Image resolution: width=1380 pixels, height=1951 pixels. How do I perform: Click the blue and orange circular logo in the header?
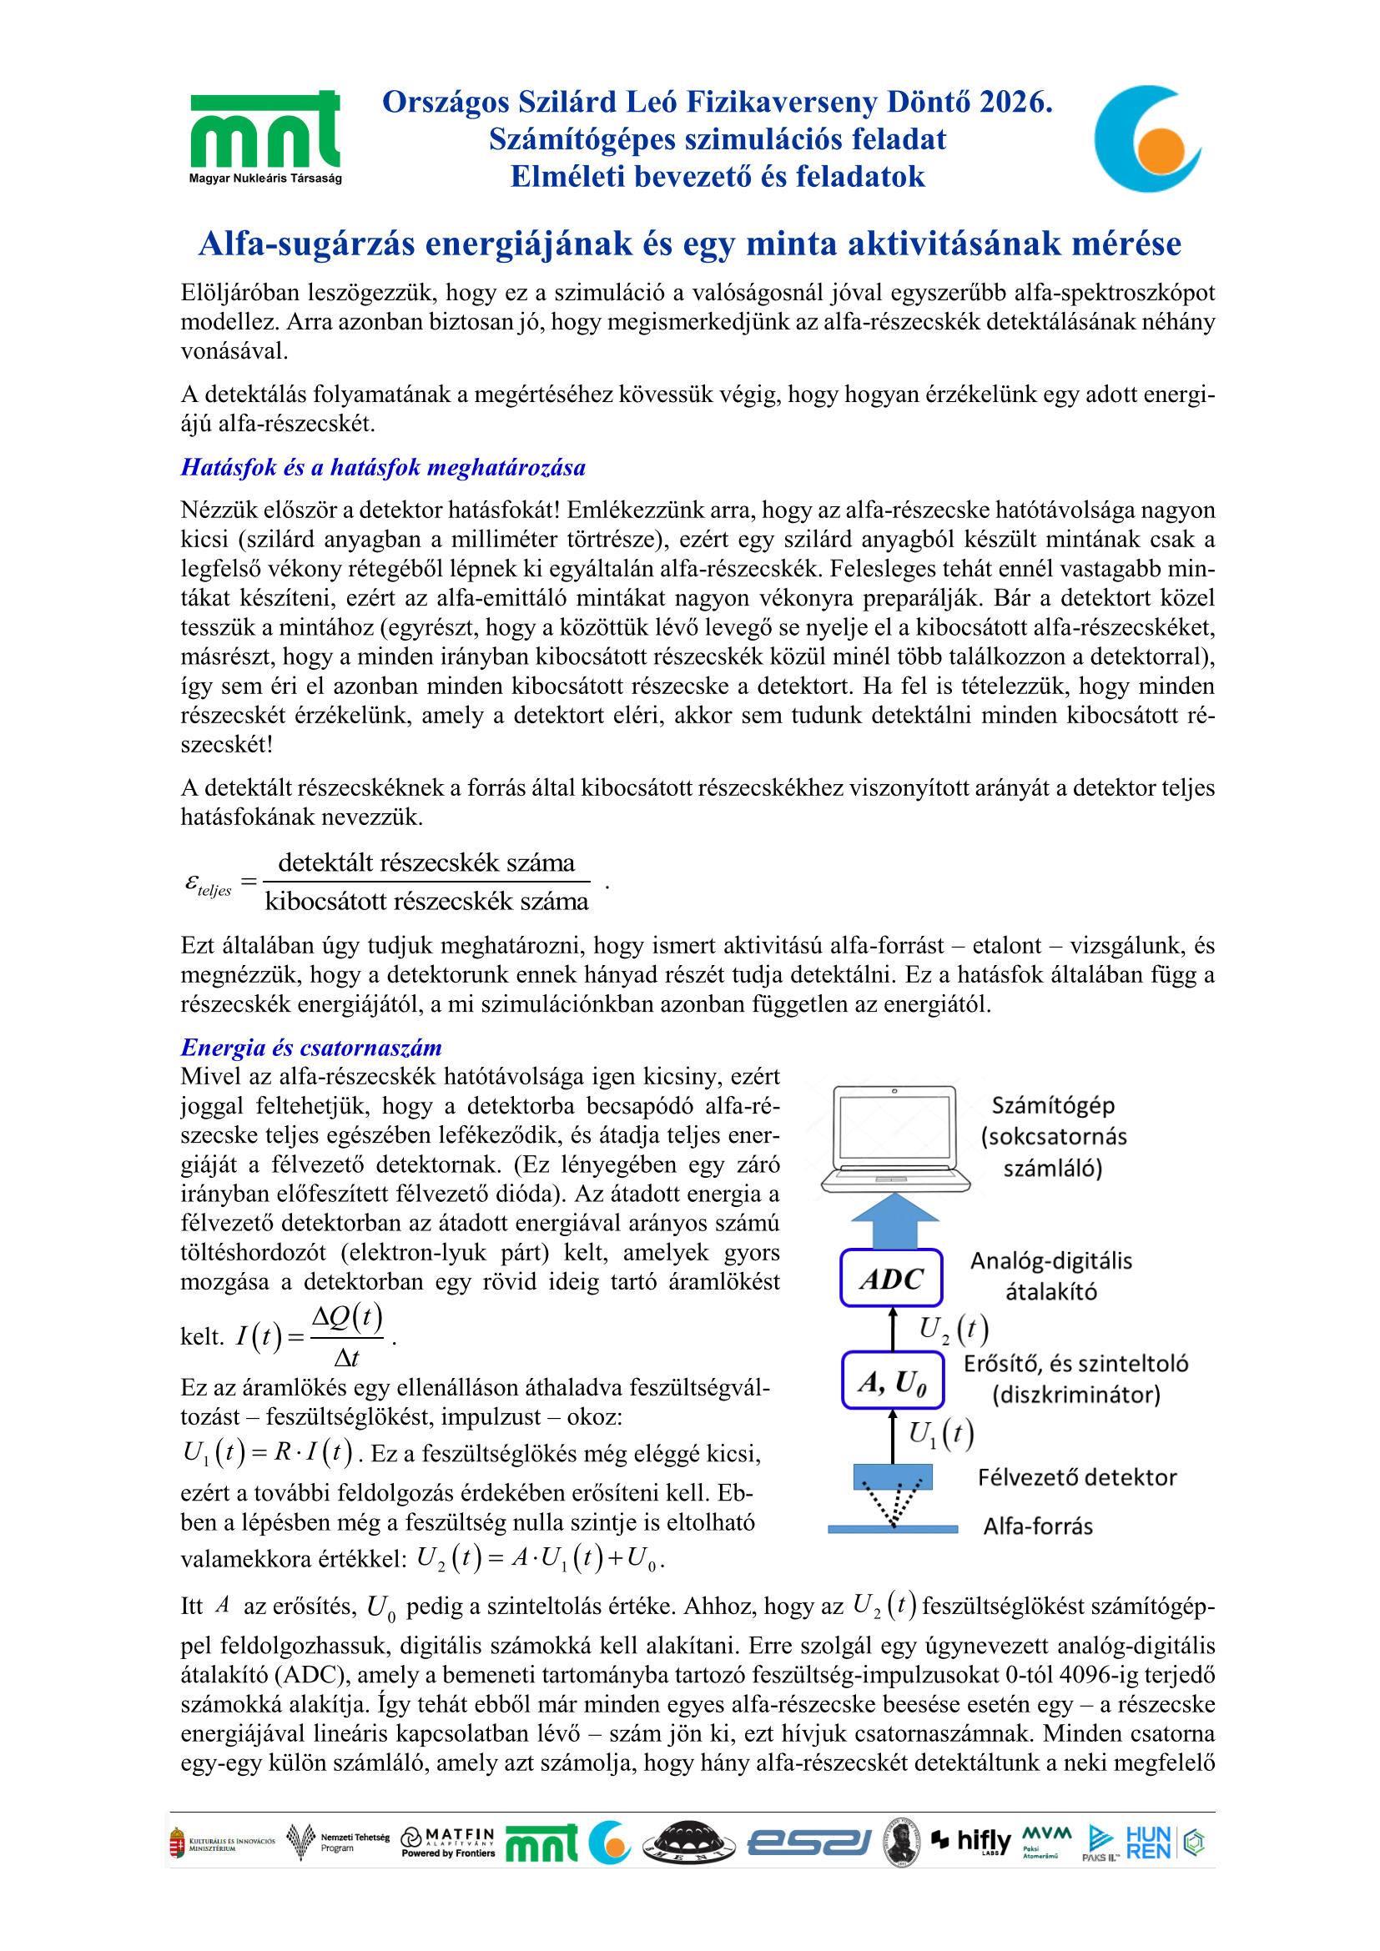1147,138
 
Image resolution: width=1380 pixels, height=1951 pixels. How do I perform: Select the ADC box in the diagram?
891,1278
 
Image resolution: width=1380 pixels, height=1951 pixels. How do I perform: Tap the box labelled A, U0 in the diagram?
892,1380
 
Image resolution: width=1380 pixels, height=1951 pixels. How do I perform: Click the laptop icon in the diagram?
894,1138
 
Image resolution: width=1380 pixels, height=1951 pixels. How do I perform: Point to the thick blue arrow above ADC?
894,1220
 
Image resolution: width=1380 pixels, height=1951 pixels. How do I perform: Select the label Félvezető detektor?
1076,1478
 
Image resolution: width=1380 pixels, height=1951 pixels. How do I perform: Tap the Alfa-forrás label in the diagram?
1038,1527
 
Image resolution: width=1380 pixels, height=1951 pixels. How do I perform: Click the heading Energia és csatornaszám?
311,1048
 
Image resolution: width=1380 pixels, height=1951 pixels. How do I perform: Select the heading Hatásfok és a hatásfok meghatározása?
383,467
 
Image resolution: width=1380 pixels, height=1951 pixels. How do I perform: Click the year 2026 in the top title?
1015,102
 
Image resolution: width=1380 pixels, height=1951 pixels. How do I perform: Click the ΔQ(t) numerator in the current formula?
347,1317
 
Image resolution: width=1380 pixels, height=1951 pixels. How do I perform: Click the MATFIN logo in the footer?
448,1842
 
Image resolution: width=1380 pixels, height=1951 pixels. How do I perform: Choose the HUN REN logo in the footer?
1148,1843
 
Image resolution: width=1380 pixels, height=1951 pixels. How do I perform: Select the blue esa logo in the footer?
809,1843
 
